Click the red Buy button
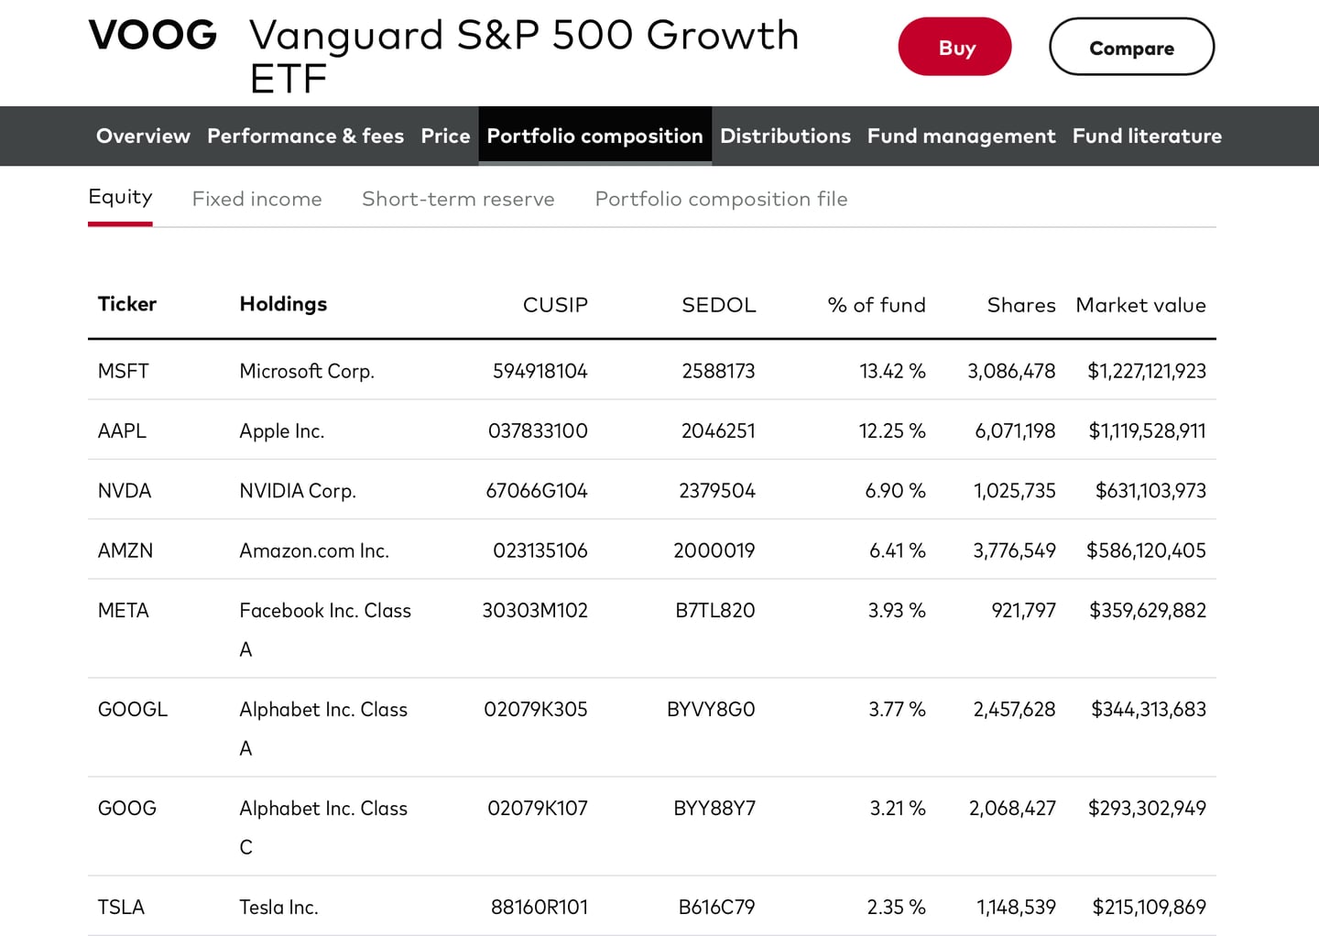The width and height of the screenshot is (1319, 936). point(954,48)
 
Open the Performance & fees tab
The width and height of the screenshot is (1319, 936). point(305,136)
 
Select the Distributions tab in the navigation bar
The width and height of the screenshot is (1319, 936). point(785,136)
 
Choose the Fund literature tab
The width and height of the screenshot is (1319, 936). point(1147,136)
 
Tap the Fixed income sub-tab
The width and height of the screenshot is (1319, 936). point(256,199)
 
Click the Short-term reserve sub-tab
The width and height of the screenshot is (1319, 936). point(458,199)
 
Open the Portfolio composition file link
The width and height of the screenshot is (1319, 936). point(721,199)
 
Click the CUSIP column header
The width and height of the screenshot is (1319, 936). point(555,305)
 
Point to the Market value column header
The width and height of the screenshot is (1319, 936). point(1140,305)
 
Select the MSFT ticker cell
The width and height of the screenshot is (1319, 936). point(124,371)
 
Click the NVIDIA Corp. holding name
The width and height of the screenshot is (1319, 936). point(298,491)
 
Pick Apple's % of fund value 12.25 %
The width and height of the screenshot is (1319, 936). point(891,431)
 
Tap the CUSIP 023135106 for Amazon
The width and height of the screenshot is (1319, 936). point(540,550)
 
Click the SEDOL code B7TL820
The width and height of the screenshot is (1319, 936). point(714,611)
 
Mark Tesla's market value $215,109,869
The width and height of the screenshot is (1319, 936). point(1149,908)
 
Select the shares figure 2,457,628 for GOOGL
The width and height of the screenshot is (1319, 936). point(1014,710)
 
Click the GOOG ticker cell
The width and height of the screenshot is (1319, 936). point(127,809)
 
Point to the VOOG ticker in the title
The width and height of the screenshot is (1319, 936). point(153,36)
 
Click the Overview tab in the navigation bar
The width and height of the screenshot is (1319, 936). point(143,136)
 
